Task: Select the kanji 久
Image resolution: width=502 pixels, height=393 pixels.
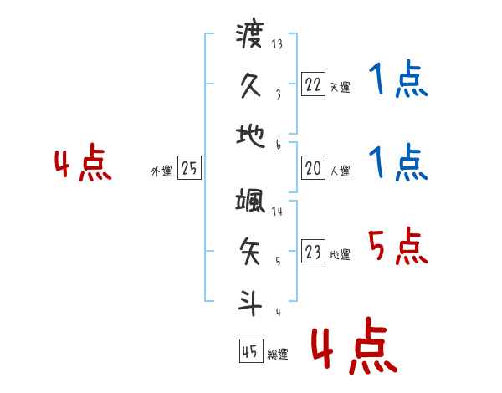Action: pyautogui.click(x=250, y=85)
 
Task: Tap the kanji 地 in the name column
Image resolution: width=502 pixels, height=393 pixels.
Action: pyautogui.click(x=250, y=135)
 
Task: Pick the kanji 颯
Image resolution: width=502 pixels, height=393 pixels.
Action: pyautogui.click(x=250, y=202)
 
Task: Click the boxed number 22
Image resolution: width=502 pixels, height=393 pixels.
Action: pyautogui.click(x=313, y=84)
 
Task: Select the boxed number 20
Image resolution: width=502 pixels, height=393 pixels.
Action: pyautogui.click(x=313, y=168)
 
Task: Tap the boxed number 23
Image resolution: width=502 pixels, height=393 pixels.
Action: pyautogui.click(x=313, y=252)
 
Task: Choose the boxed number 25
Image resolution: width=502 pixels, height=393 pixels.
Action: pyautogui.click(x=190, y=168)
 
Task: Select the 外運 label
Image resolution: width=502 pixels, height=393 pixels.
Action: pyautogui.click(x=161, y=171)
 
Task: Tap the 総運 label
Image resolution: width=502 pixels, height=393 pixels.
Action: pyautogui.click(x=279, y=355)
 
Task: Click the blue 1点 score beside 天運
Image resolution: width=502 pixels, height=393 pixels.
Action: pyautogui.click(x=398, y=82)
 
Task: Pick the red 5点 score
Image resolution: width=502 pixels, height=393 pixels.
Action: pyautogui.click(x=398, y=248)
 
